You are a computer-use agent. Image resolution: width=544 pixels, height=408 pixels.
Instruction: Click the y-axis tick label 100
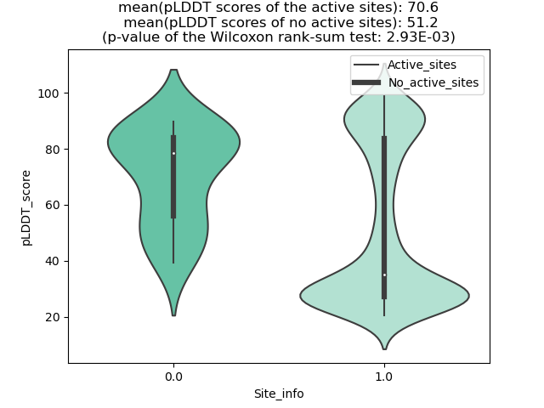coord(48,93)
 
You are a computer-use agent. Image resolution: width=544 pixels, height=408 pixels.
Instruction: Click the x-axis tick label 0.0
coord(173,376)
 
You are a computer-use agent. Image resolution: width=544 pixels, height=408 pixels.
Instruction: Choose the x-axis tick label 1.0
coord(383,376)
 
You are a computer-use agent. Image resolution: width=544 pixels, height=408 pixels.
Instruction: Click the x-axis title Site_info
coord(278,394)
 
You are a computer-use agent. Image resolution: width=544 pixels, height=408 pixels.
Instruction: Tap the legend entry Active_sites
coord(421,65)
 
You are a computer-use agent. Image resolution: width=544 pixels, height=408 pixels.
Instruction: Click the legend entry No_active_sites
coord(433,82)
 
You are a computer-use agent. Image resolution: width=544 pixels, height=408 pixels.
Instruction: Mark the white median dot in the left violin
coord(173,154)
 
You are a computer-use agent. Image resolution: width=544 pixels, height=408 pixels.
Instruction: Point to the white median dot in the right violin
coord(384,275)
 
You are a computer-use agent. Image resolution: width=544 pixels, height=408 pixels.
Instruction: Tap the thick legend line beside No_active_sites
coord(366,82)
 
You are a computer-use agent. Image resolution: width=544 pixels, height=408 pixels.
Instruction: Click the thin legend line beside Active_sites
coord(366,65)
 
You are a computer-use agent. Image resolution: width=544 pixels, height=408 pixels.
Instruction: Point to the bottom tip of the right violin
coord(384,348)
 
